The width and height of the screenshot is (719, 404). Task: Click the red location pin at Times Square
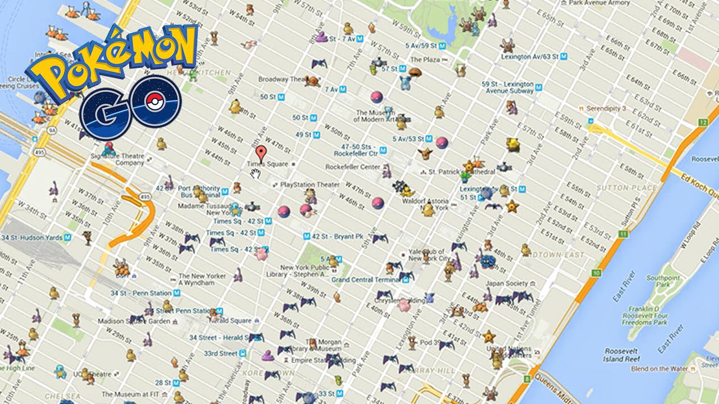[260, 153]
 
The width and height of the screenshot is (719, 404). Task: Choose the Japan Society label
[507, 283]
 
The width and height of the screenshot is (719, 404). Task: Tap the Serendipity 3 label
[606, 108]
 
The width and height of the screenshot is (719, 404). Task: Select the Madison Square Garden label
[134, 321]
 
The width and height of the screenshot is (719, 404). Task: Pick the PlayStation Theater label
[310, 184]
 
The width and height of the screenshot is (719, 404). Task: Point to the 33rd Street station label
[220, 353]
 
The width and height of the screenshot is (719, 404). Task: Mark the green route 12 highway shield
[702, 122]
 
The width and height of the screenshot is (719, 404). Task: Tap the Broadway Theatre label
[281, 79]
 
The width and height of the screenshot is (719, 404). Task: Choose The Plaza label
[425, 59]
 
